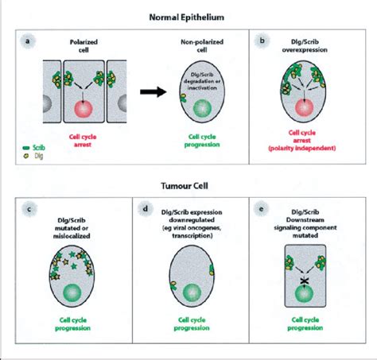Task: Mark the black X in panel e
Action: point(303,280)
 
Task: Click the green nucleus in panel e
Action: point(303,300)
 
